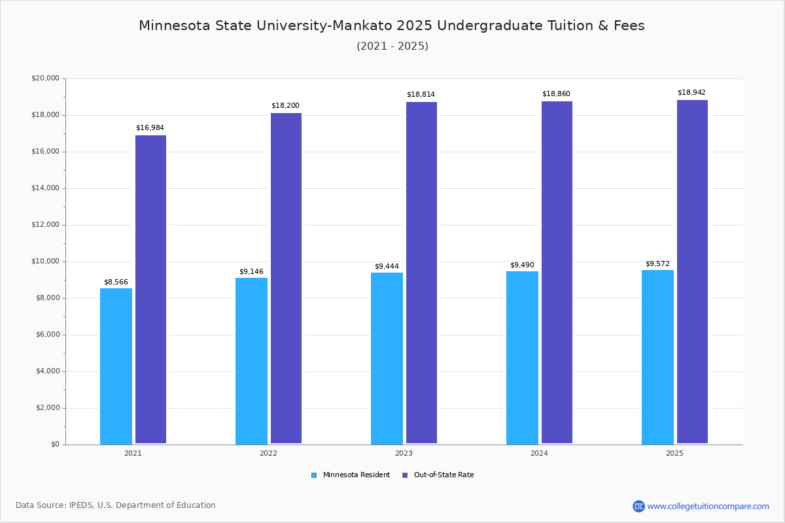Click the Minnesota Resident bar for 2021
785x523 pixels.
point(116,366)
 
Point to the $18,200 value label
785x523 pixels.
point(285,106)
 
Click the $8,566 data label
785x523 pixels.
point(116,282)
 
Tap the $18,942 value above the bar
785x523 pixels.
point(691,93)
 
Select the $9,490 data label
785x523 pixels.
point(522,265)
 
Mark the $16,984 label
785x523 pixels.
point(150,128)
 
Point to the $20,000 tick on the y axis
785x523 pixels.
point(45,78)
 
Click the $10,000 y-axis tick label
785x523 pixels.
point(45,261)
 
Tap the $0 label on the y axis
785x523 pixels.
point(54,445)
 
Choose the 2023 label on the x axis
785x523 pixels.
point(404,453)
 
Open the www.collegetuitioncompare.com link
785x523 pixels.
point(708,506)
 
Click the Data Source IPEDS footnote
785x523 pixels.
point(116,505)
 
